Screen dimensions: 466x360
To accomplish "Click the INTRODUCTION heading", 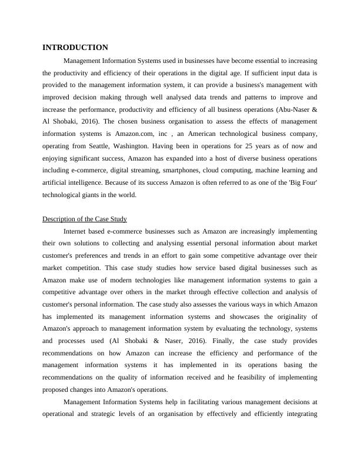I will coord(75,48).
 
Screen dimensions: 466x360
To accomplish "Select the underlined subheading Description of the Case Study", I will coord(85,219).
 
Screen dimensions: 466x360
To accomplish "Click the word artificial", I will coord(55,183).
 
